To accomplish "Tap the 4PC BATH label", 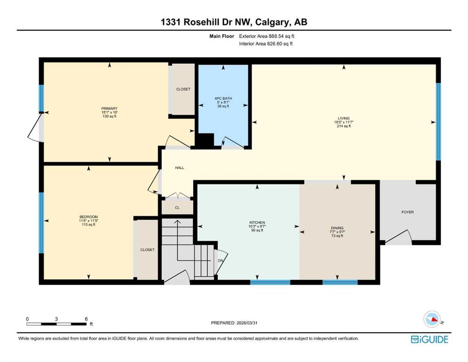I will click(223, 98).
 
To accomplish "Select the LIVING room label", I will click(343, 118).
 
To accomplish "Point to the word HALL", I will click(180, 167).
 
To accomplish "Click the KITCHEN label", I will click(257, 222).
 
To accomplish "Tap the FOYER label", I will click(408, 212).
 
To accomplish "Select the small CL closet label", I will click(177, 207).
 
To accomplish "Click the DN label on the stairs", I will click(221, 260).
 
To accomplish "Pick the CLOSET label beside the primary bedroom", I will click(183, 89).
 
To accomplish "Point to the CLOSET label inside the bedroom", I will click(147, 250).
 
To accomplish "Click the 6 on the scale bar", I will click(86, 319).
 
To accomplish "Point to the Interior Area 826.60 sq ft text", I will click(266, 44).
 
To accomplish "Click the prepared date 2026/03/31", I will click(251, 323).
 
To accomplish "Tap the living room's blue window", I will click(438, 122).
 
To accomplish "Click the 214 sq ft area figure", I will click(343, 126).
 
